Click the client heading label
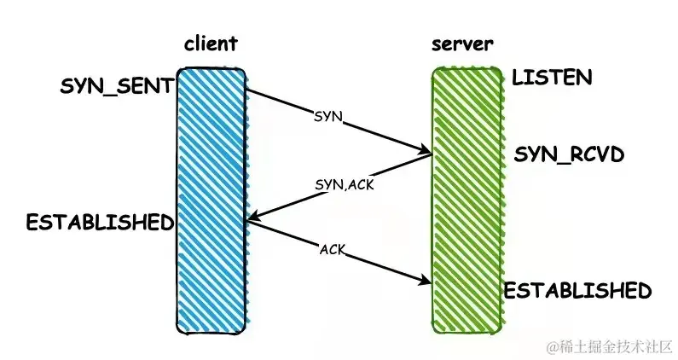click(210, 44)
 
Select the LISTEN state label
click(552, 78)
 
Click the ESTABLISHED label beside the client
click(99, 223)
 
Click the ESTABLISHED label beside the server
click(577, 290)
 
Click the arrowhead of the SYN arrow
click(428, 154)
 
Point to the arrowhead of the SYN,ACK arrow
click(249, 219)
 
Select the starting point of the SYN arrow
click(248, 90)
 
